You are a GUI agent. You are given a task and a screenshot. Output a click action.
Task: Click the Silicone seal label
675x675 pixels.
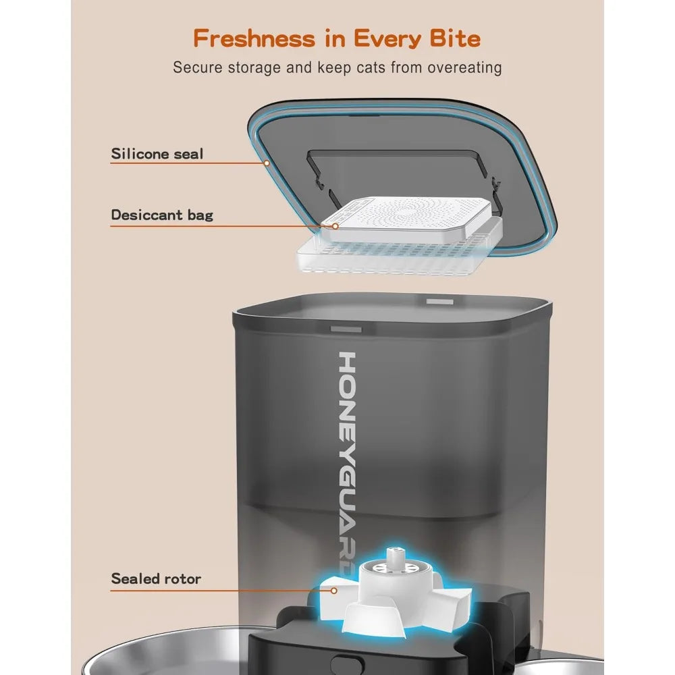pyautogui.click(x=157, y=154)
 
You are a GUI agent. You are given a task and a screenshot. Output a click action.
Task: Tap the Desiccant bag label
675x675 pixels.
pyautogui.click(x=162, y=215)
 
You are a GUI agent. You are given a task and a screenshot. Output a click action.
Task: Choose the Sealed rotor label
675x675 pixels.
pyautogui.click(x=156, y=578)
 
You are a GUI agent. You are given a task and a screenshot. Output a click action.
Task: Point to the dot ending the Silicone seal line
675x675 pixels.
pyautogui.click(x=267, y=163)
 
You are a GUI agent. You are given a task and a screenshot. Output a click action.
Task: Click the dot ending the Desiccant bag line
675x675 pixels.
pyautogui.click(x=333, y=226)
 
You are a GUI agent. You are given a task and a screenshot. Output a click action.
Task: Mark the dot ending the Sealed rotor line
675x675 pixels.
pyautogui.click(x=333, y=589)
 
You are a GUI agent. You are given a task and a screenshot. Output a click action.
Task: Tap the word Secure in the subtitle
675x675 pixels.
pyautogui.click(x=196, y=67)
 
